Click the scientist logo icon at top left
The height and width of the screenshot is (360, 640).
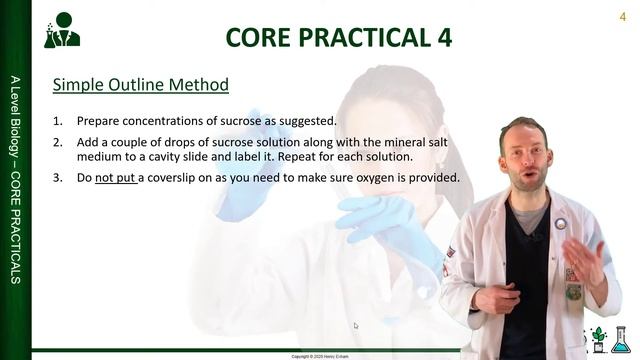tap(61, 30)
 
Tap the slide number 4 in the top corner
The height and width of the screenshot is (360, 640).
tap(623, 15)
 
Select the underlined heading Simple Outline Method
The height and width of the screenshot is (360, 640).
tap(140, 85)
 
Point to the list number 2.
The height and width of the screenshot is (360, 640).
tap(58, 143)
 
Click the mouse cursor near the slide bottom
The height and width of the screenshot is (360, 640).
tap(356, 325)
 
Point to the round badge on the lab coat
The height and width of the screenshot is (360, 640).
tap(561, 225)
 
